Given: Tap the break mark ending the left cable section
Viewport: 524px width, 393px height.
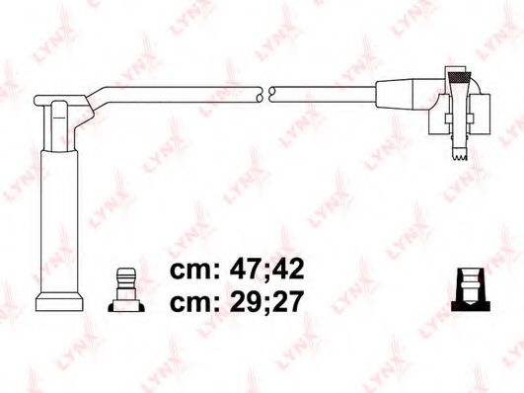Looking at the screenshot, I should (259, 94).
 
